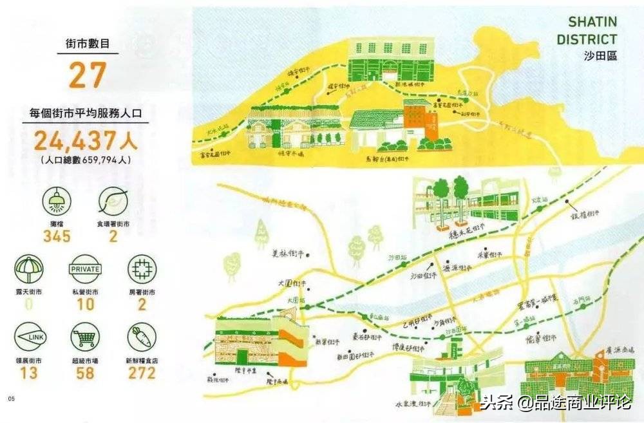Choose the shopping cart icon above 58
pos(85,339)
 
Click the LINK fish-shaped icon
pos(29,339)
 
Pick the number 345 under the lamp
pos(57,236)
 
